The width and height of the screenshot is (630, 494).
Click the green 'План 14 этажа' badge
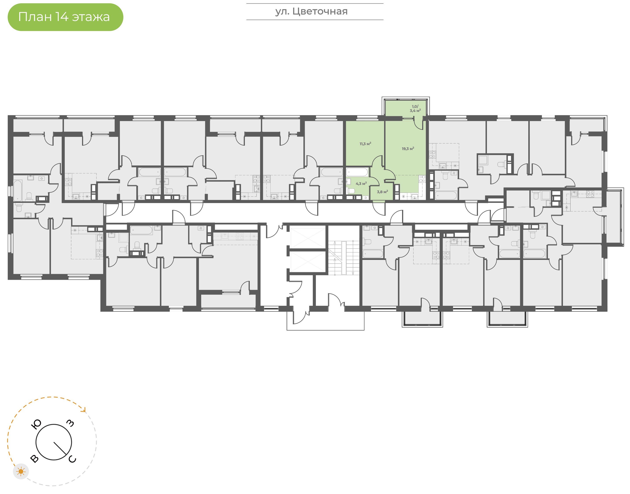65,17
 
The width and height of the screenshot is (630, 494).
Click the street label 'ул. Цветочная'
311,12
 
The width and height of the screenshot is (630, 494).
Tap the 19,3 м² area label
408,149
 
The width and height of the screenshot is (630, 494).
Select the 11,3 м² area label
365,144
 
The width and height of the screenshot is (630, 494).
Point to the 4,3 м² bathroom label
361,184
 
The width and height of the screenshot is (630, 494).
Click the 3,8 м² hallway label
382,192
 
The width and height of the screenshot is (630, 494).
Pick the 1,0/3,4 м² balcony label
415,108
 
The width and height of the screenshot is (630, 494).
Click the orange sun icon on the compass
21,472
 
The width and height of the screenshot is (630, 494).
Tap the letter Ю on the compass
36,424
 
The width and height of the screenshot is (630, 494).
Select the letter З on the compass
70,423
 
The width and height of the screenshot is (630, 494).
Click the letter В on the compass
34,459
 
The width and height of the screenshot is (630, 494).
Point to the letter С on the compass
72,459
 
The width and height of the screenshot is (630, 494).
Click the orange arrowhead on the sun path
84,410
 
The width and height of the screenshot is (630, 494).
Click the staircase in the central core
343,258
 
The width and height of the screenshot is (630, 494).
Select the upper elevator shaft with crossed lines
308,238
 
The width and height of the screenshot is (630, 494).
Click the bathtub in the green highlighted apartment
357,172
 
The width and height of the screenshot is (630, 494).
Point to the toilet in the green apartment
351,191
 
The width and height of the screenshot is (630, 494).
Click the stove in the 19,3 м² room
422,179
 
